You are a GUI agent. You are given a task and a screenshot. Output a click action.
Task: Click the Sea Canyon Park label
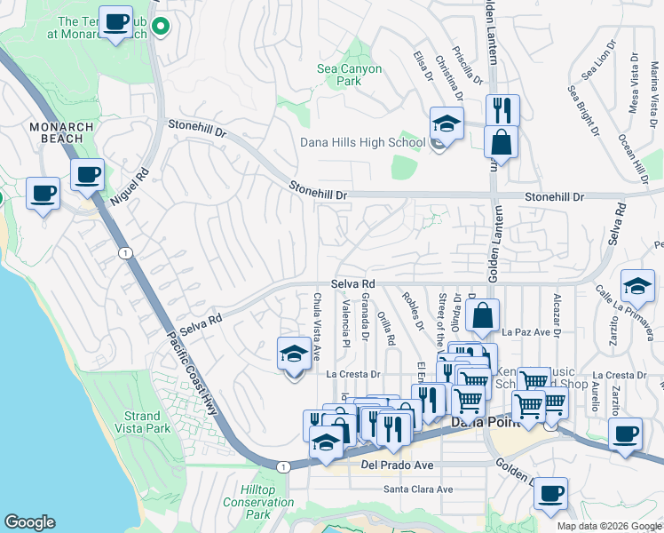tap(350, 75)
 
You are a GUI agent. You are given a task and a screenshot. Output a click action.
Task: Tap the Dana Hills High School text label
tap(362, 142)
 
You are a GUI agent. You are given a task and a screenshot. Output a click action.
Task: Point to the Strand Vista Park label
tap(142, 422)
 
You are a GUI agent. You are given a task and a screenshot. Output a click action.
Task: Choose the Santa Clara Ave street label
tap(417, 489)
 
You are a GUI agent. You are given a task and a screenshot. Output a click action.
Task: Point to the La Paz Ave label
tap(526, 332)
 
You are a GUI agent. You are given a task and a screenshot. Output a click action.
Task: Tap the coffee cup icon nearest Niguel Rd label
tap(87, 175)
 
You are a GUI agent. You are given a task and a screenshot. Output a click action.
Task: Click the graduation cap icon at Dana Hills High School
tap(447, 123)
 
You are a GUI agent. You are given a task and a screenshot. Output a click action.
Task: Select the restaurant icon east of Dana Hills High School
tap(502, 110)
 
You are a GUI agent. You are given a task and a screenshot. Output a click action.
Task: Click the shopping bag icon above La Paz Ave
tap(482, 315)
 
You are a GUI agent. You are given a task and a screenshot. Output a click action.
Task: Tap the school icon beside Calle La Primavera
tap(636, 285)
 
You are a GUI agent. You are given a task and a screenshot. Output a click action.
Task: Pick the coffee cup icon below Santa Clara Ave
tap(551, 493)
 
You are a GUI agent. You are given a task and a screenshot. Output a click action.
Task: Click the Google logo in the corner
tap(30, 522)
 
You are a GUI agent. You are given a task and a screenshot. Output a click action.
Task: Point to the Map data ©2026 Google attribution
tap(607, 526)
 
